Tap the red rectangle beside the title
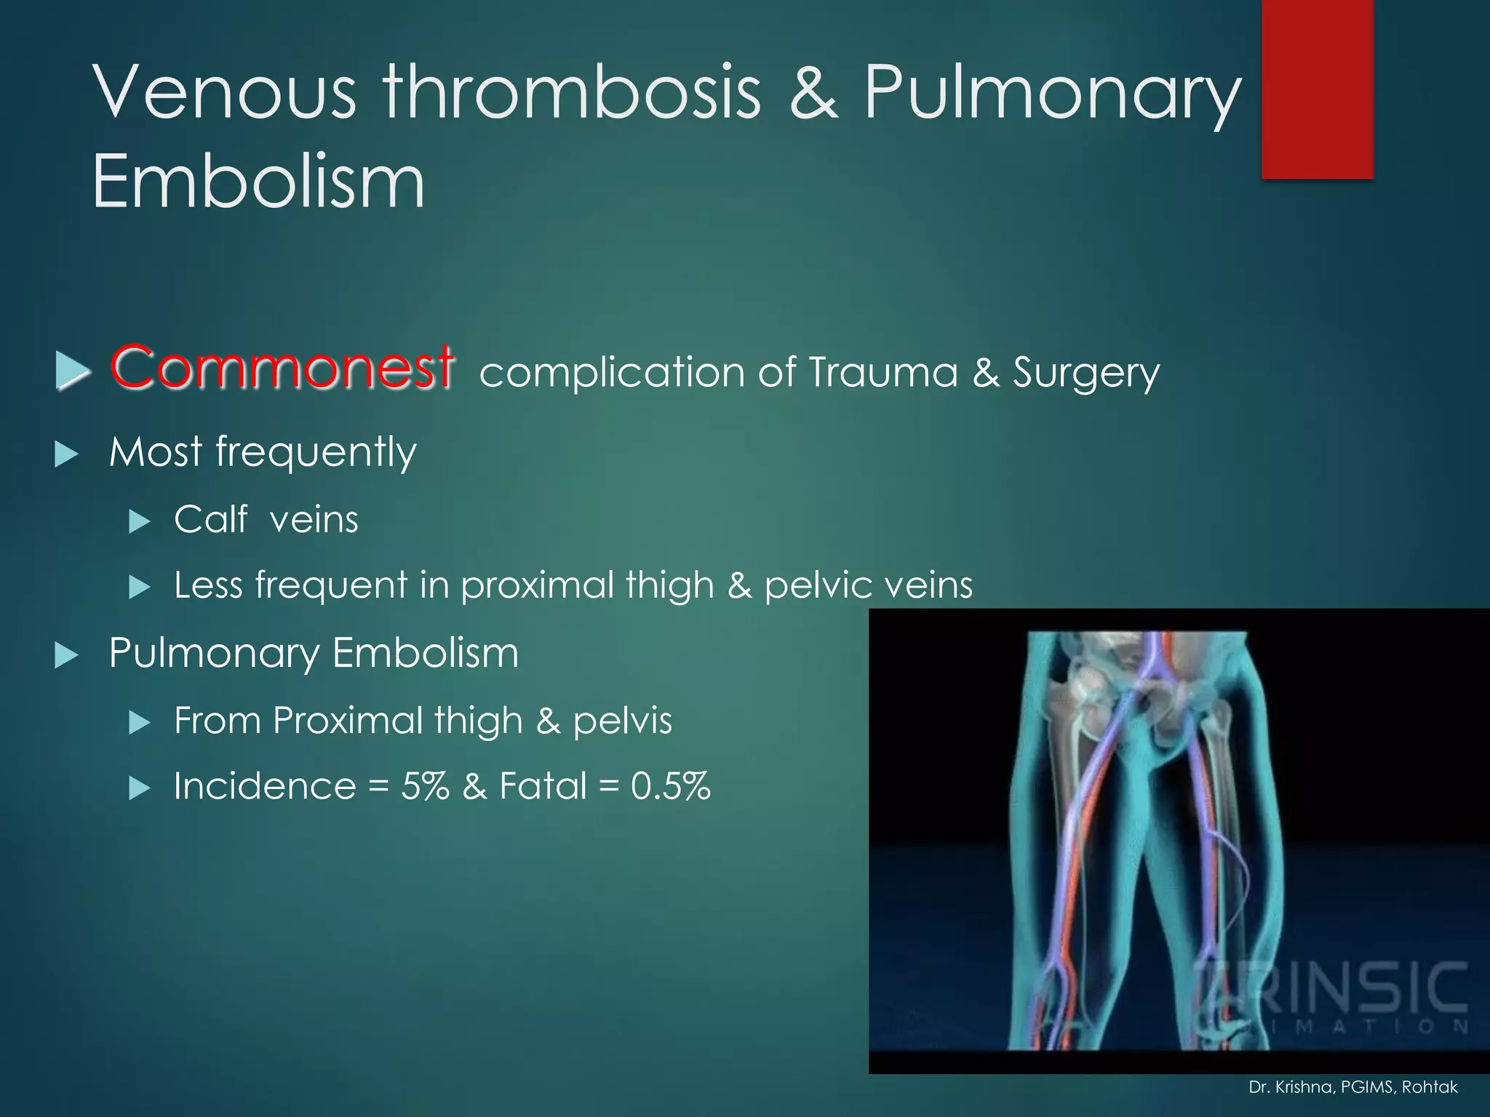(1317, 89)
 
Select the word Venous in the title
(226, 92)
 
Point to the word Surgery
(1086, 374)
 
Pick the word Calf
(210, 520)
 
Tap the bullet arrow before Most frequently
(67, 455)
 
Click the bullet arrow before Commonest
(72, 371)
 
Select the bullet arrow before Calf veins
(139, 521)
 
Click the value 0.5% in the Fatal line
(670, 786)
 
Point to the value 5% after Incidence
(425, 786)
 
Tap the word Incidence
(265, 786)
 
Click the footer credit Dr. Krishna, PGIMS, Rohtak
(1352, 1087)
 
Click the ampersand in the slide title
(813, 92)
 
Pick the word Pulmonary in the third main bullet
(214, 653)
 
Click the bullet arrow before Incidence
(139, 788)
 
